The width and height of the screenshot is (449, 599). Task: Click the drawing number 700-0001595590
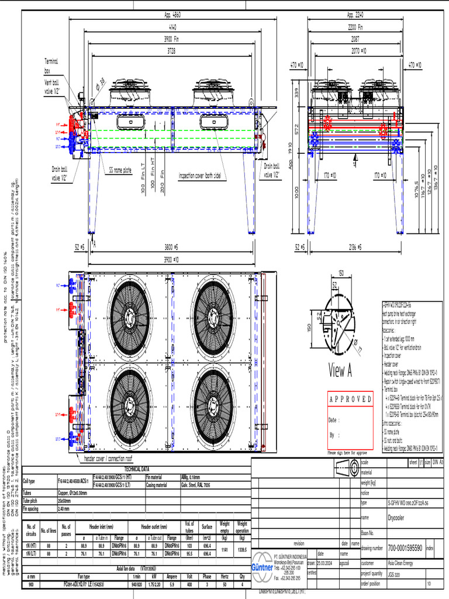405,548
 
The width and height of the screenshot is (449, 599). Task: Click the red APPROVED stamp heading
350,400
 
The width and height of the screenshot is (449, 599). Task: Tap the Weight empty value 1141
224,549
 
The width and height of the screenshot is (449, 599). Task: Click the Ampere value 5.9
171,584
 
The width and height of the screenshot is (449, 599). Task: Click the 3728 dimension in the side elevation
170,51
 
